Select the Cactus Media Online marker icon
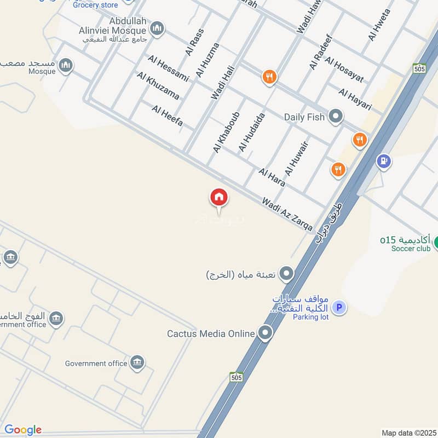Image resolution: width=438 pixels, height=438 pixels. tap(266, 333)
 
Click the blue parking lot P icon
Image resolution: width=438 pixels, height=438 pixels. tap(339, 308)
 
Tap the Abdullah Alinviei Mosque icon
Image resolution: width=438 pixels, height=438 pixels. tap(157, 28)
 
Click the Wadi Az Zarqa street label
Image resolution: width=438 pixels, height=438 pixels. tap(287, 214)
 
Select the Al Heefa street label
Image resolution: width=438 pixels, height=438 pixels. tap(168, 116)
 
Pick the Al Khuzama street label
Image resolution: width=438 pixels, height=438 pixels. tap(158, 86)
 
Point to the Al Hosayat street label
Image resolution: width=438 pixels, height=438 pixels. tap(344, 70)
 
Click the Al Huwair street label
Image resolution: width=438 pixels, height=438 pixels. tap(297, 158)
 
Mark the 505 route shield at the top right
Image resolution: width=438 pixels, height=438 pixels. tap(420, 68)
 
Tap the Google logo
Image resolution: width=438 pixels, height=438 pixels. tap(23, 430)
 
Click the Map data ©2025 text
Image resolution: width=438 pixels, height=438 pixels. tap(408, 433)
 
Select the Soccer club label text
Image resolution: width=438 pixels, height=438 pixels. tap(411, 249)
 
